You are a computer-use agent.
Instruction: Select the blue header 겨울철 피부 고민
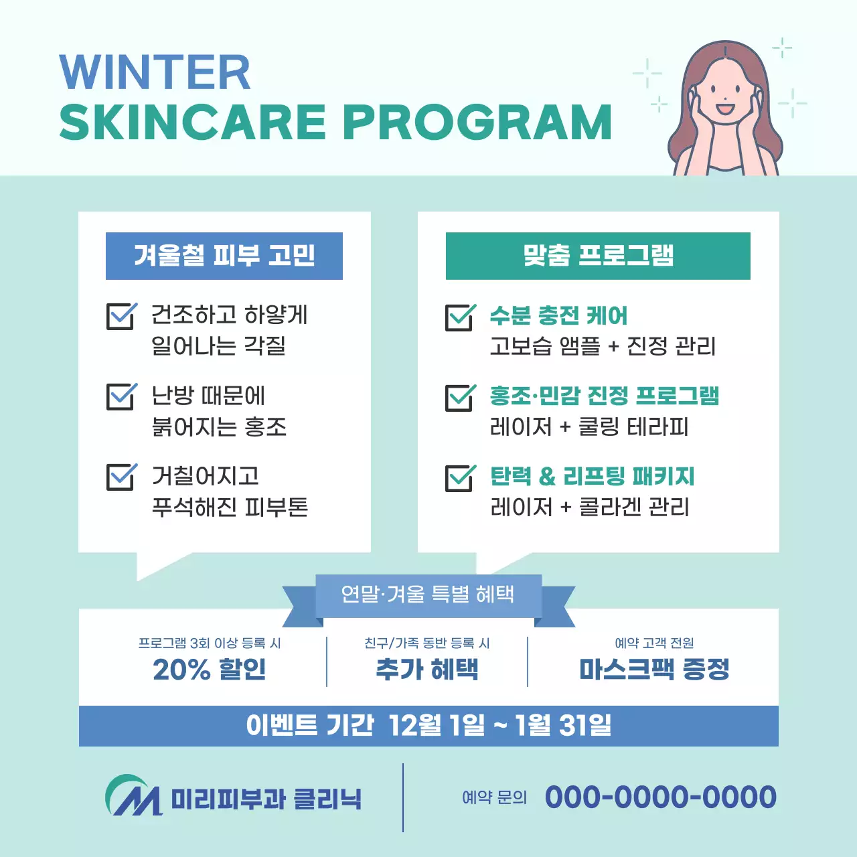224,256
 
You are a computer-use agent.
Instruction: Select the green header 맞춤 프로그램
598,256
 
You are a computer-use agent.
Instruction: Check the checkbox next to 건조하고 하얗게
121,317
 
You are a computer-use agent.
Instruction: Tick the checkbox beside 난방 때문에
121,396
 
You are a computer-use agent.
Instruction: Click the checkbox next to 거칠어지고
121,477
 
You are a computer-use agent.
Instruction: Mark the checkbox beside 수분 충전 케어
460,317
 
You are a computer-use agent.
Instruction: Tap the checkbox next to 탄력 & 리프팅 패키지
460,478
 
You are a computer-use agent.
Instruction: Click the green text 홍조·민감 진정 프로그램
604,396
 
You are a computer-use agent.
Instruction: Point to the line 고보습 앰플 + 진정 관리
603,346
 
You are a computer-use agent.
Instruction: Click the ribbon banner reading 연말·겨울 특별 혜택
428,594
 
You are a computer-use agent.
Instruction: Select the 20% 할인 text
210,669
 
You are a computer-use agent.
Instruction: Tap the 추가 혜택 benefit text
427,669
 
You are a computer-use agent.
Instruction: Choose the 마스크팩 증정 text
654,669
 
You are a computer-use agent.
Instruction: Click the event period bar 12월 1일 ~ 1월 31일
428,725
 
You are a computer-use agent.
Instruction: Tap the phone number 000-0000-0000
660,797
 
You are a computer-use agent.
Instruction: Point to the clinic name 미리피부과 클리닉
266,799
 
